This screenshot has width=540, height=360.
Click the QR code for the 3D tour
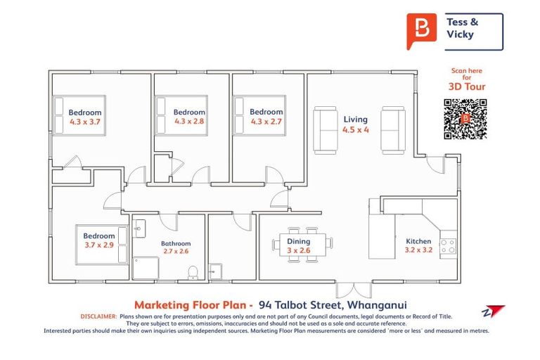pyautogui.click(x=465, y=120)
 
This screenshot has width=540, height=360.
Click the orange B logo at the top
pyautogui.click(x=422, y=31)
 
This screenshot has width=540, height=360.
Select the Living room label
pyautogui.click(x=355, y=120)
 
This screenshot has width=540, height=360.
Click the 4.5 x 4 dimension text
pyautogui.click(x=355, y=130)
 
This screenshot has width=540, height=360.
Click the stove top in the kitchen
pyautogui.click(x=447, y=245)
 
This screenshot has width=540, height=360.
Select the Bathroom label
pyautogui.click(x=176, y=243)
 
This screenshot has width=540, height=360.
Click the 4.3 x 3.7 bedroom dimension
pyautogui.click(x=84, y=122)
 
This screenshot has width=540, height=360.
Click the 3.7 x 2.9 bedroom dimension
pyautogui.click(x=98, y=245)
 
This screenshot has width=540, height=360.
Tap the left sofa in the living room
pyautogui.click(x=325, y=129)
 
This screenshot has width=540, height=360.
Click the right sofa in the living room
pyautogui.click(x=392, y=129)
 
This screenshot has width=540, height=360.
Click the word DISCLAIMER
pyautogui.click(x=98, y=316)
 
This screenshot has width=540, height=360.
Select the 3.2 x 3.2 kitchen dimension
pyautogui.click(x=418, y=250)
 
